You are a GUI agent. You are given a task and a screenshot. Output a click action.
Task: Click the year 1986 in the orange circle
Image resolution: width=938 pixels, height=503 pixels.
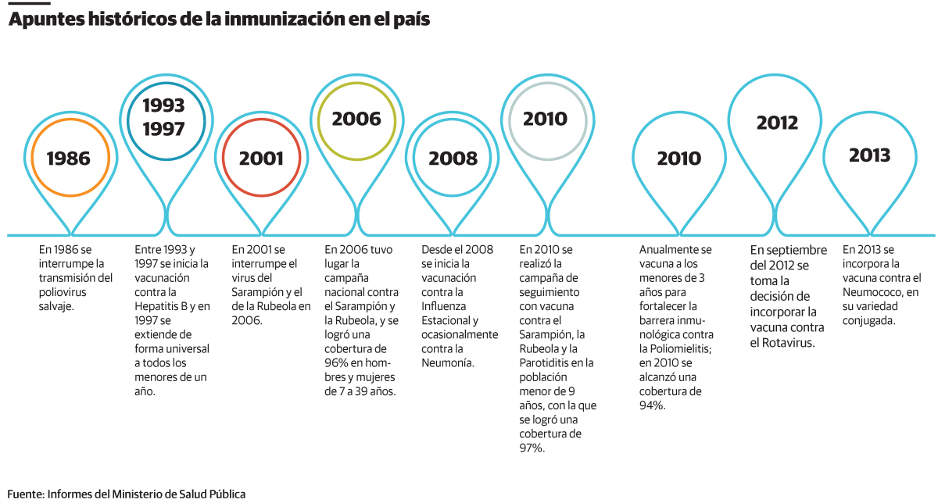[x=69, y=159]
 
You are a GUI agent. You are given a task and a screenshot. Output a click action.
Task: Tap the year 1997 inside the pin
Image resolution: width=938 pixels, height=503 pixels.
[x=164, y=129]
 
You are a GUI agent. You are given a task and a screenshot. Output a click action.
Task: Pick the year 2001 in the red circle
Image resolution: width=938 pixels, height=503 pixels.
[x=261, y=159]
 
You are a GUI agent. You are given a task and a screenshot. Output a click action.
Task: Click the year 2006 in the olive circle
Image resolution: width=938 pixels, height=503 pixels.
[x=356, y=119]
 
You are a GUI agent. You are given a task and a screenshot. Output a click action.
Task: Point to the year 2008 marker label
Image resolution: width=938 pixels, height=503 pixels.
[x=453, y=159]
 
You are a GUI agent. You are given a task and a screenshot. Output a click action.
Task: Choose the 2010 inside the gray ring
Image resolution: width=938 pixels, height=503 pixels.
[x=545, y=119]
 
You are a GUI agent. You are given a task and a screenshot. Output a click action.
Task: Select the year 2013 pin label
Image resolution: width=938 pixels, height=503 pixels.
[x=870, y=155]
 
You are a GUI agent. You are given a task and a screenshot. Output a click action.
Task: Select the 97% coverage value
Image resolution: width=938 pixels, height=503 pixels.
[x=532, y=448]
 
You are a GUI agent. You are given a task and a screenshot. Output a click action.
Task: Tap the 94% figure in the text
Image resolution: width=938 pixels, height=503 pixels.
[x=652, y=405]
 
